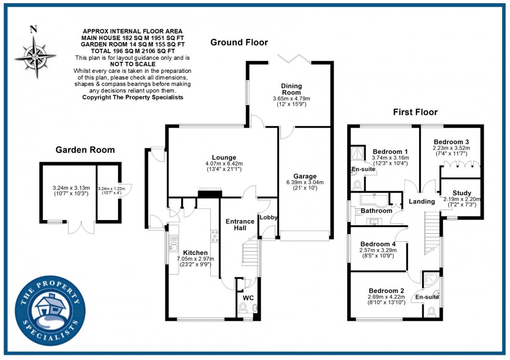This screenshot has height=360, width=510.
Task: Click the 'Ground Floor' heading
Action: tap(239, 42)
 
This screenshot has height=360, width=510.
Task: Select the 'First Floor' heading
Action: tap(415, 112)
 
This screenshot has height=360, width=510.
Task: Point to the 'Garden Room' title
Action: tap(85, 150)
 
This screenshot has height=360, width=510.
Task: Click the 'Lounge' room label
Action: tap(224, 158)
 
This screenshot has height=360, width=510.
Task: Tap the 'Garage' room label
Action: tap(304, 176)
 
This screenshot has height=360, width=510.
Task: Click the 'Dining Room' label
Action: tap(291, 89)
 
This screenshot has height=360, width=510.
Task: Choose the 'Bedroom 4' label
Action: tap(378, 244)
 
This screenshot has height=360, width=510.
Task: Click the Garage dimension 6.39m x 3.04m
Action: tap(304, 183)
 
